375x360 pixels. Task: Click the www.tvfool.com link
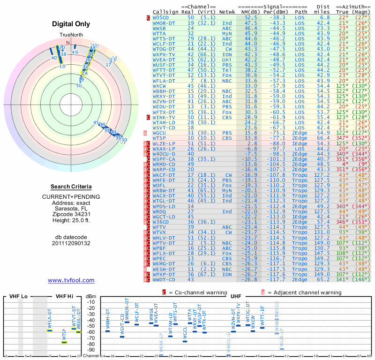point(71,280)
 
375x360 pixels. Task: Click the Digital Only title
point(71,24)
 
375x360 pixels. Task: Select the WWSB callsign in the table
point(159,28)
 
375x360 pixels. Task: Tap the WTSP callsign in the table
point(159,138)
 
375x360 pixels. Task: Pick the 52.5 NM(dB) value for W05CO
point(251,17)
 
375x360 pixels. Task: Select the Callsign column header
point(165,11)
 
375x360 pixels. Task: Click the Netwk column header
point(227,11)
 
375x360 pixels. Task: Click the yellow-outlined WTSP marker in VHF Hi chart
point(64,342)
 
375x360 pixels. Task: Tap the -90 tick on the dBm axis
point(90,350)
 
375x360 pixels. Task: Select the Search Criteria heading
point(71,187)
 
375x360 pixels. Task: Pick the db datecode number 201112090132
point(71,243)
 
